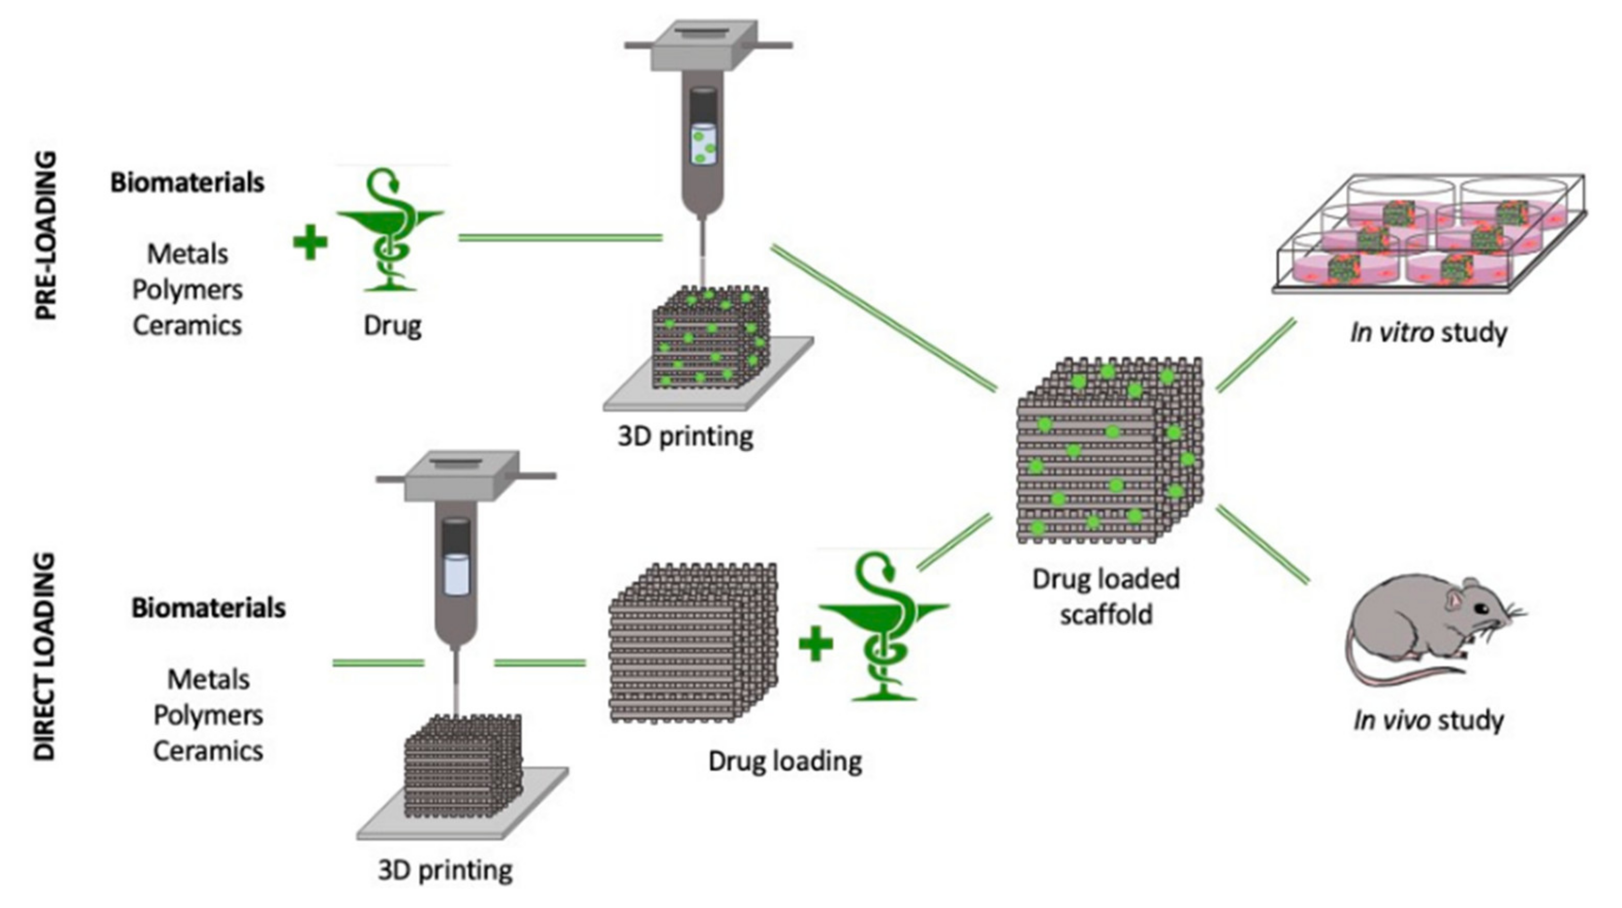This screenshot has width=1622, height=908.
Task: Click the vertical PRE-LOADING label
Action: click(x=45, y=236)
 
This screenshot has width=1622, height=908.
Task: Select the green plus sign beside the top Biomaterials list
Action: click(x=310, y=243)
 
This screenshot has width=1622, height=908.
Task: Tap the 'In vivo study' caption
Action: click(x=1428, y=719)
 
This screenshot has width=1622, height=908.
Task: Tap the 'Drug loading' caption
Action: click(x=784, y=761)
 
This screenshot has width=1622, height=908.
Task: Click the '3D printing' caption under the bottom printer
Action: click(x=445, y=870)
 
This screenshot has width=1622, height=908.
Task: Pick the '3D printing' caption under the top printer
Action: click(x=685, y=436)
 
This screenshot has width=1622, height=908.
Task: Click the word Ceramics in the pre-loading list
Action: click(x=187, y=325)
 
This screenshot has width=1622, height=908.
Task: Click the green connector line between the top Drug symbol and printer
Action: click(x=560, y=238)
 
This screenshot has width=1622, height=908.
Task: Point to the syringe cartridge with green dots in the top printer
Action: click(x=703, y=144)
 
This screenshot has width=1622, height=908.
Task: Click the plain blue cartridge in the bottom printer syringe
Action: click(x=456, y=574)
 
